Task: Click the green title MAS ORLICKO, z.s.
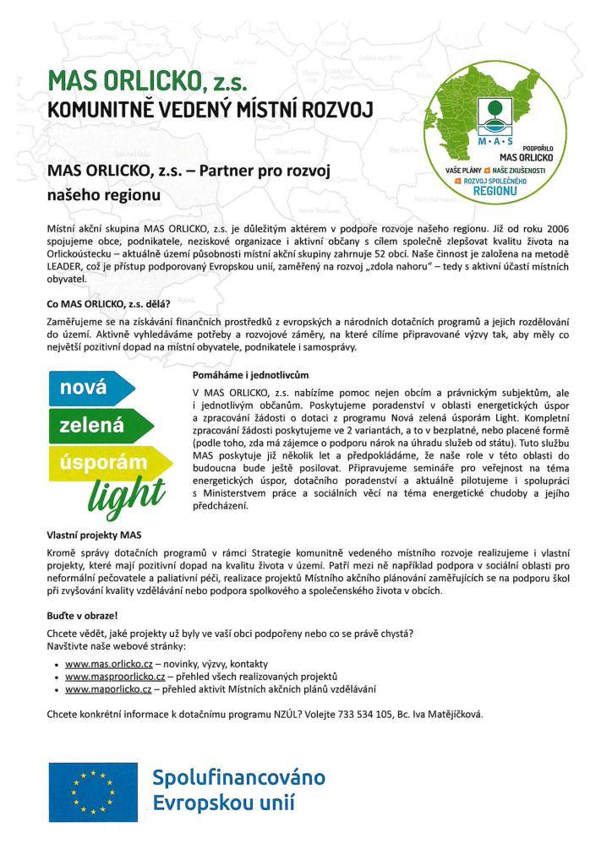[x=149, y=81]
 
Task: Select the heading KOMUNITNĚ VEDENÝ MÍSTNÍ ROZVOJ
[x=209, y=111]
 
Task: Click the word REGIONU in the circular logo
[x=495, y=192]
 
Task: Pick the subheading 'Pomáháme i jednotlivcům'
[x=251, y=374]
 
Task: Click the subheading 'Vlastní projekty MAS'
[x=95, y=535]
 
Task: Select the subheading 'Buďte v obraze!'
[x=82, y=616]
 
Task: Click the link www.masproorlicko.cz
[x=114, y=677]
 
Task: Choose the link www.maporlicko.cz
[x=108, y=689]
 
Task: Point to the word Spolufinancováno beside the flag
[x=238, y=777]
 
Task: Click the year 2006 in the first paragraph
[x=555, y=229]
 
